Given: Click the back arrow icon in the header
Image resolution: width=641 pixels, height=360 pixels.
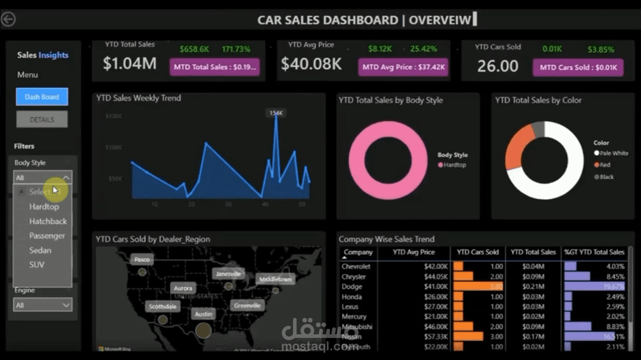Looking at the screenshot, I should (8, 19).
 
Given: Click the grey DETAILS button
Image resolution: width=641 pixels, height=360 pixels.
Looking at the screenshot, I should (42, 120).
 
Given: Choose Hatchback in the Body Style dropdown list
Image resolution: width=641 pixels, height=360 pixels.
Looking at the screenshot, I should (48, 221).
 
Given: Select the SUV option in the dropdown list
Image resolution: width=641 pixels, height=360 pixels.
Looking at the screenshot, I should (37, 265).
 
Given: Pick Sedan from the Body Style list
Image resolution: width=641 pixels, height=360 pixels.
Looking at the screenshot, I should (40, 250).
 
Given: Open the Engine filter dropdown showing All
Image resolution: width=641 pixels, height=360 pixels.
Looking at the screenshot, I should (42, 305).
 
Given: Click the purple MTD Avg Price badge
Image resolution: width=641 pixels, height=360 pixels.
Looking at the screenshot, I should (403, 67).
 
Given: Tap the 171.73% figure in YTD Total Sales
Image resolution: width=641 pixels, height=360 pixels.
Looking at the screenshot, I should (236, 49).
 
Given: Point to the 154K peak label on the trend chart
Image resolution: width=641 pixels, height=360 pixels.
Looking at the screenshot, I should (276, 113).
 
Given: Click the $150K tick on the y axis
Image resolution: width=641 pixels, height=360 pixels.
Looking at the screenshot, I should (114, 116).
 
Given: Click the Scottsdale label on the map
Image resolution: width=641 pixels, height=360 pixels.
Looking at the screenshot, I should (162, 306).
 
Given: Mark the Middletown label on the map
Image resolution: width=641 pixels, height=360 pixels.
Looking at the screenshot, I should (276, 279).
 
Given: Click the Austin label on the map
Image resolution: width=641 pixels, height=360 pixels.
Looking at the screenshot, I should (203, 314).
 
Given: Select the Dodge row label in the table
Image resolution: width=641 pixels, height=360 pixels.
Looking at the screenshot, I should (352, 286).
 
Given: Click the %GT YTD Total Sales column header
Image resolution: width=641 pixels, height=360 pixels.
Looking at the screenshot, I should (595, 252).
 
